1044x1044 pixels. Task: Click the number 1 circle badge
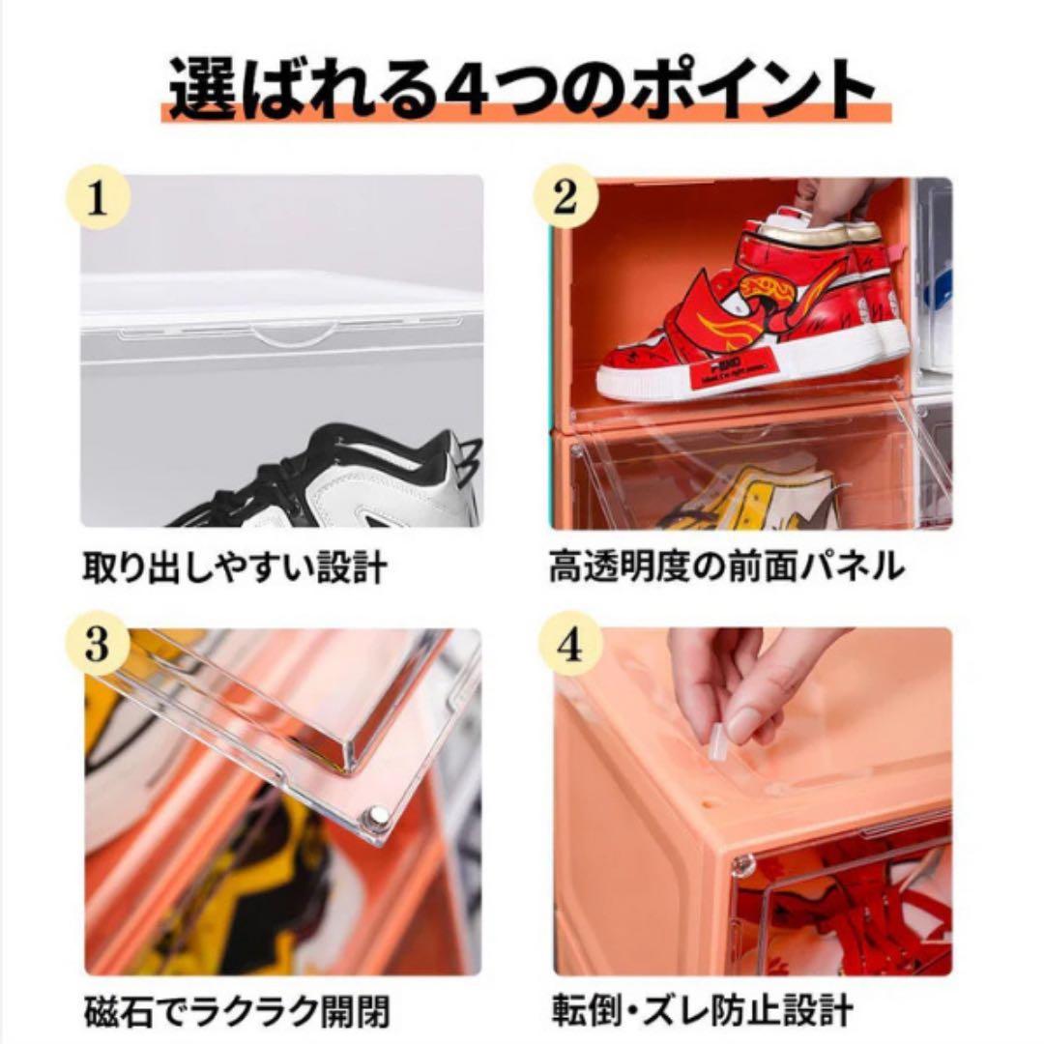[97, 199]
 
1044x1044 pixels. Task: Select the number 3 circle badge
[97, 646]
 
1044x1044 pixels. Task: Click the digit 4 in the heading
[471, 89]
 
